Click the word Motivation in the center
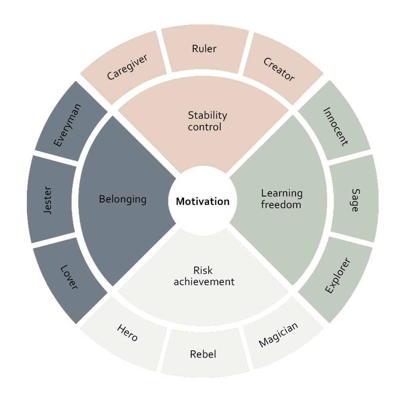pyautogui.click(x=203, y=202)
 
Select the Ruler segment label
pyautogui.click(x=204, y=49)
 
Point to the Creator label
pyautogui.click(x=279, y=69)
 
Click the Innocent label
pyautogui.click(x=336, y=127)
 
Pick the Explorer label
pyautogui.click(x=338, y=275)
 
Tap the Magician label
pyautogui.click(x=278, y=335)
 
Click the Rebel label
pyautogui.click(x=203, y=354)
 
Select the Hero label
pyautogui.click(x=128, y=332)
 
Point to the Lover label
pyautogui.click(x=69, y=277)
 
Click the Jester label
pyautogui.click(x=48, y=200)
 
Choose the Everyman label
pyautogui.click(x=67, y=125)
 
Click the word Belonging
pyautogui.click(x=123, y=199)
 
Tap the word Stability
pyautogui.click(x=207, y=115)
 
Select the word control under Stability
pyautogui.click(x=205, y=127)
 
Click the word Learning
pyautogui.click(x=282, y=194)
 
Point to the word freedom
pyautogui.click(x=281, y=205)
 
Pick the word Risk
pyautogui.click(x=203, y=270)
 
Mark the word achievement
pyautogui.click(x=204, y=282)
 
